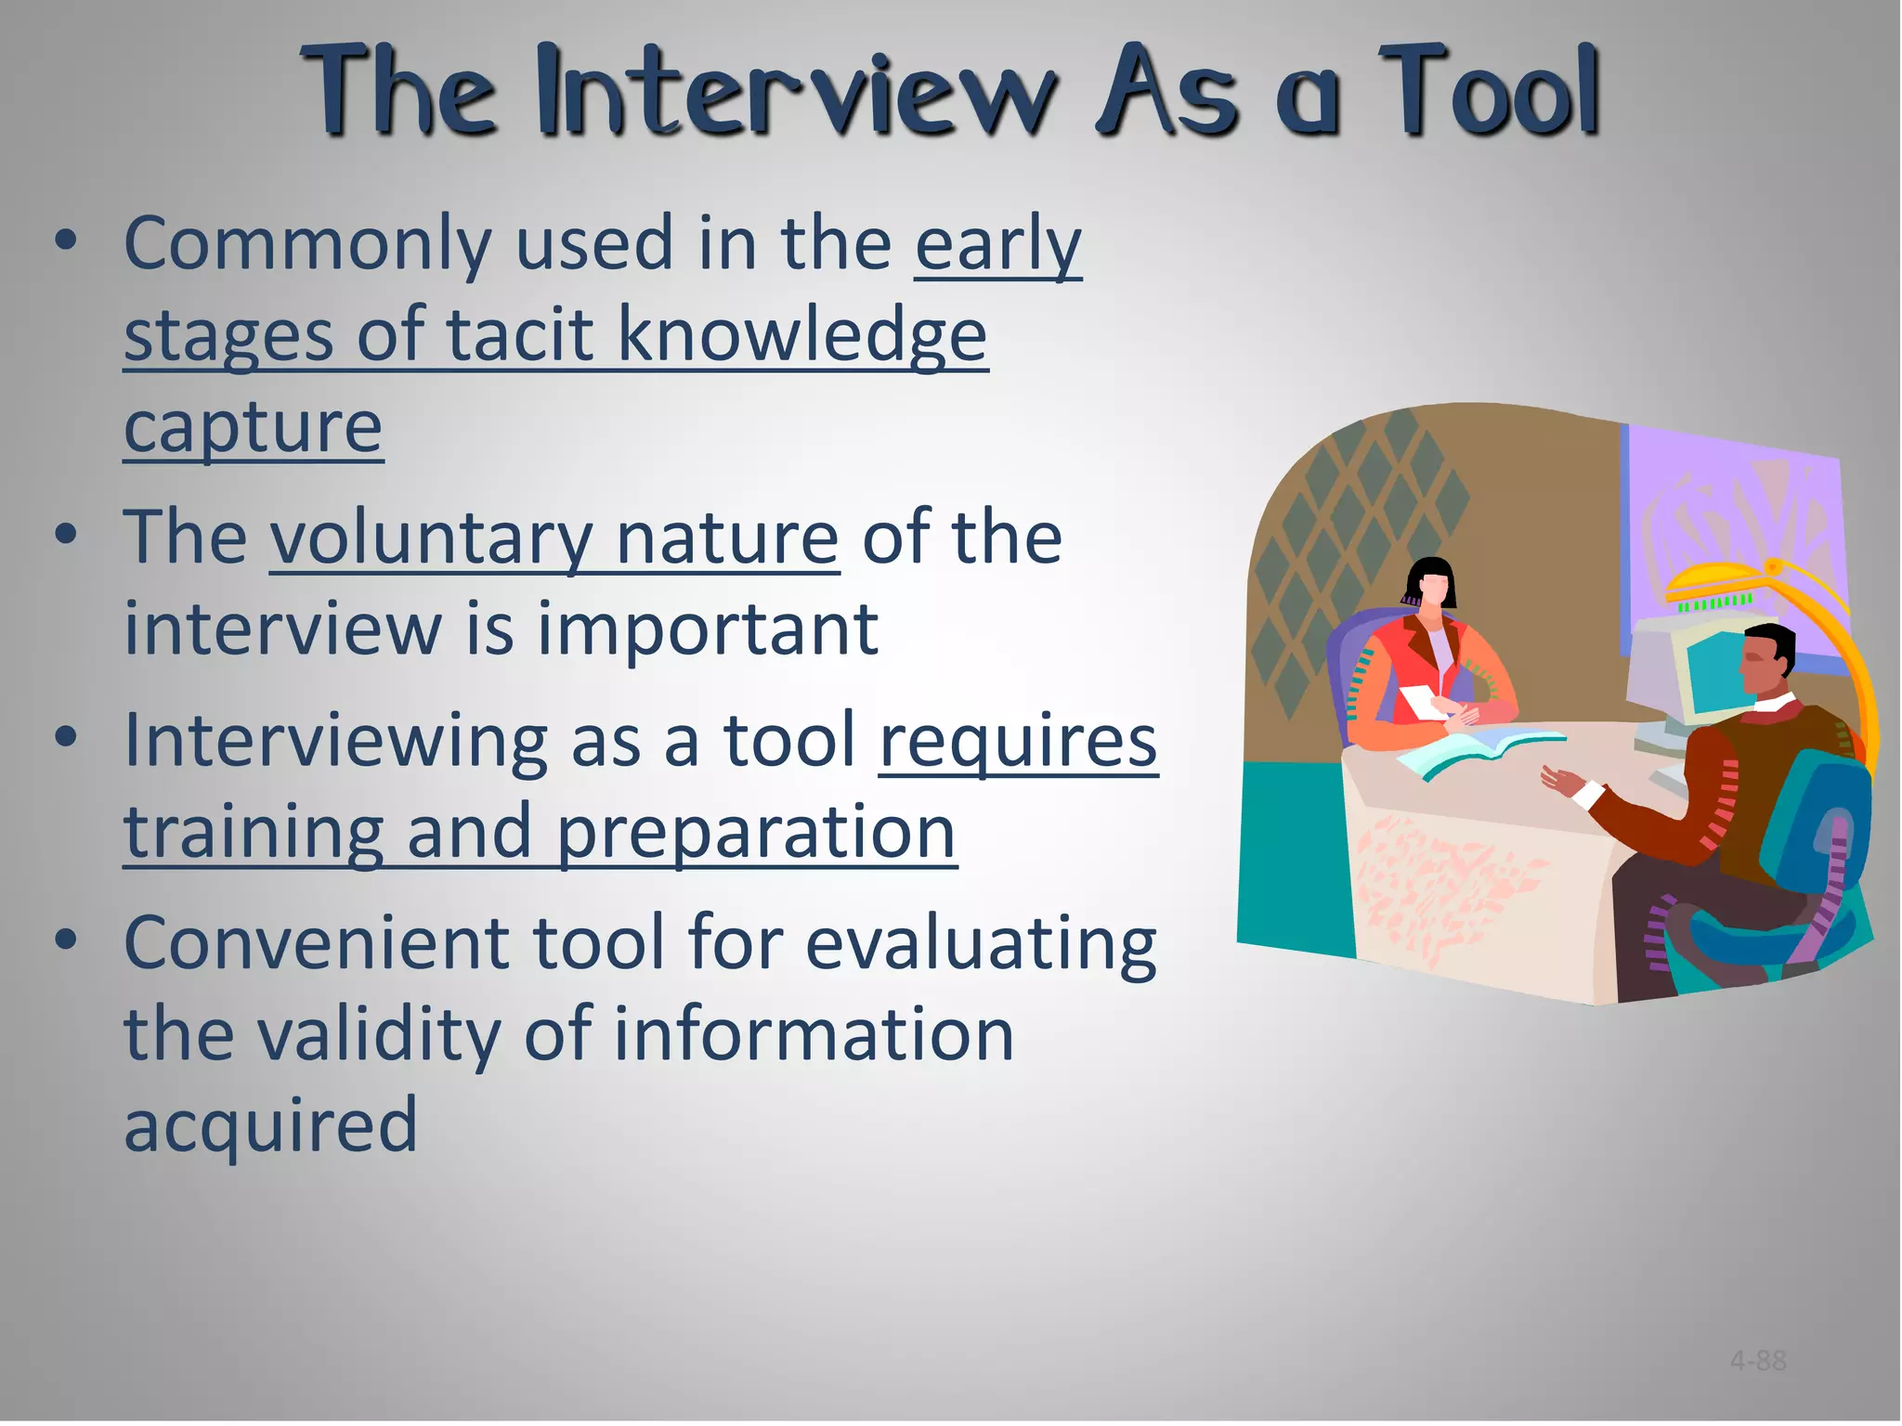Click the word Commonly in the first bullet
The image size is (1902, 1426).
307,244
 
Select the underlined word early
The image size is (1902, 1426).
998,245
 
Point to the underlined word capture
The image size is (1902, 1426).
253,428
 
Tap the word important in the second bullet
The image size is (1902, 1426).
708,629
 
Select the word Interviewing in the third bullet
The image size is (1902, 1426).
335,740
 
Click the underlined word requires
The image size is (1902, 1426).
1018,742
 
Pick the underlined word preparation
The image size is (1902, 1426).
756,833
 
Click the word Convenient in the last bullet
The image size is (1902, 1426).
316,943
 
